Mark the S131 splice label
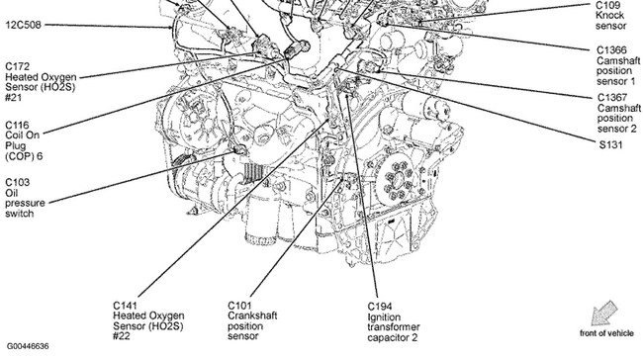tap(609, 142)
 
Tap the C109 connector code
tap(609, 5)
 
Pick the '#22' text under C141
tap(122, 338)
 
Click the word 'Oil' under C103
tap(11, 195)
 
